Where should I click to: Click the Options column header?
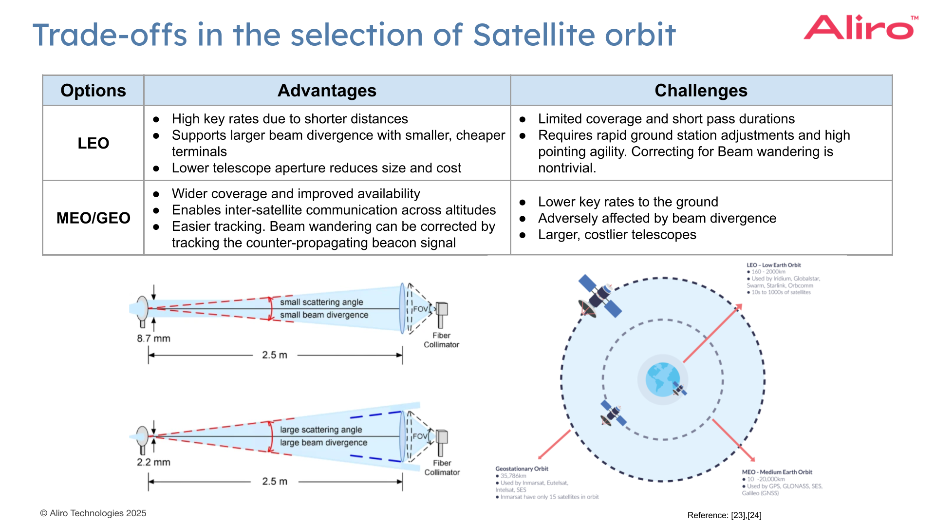point(93,91)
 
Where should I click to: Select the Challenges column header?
point(700,91)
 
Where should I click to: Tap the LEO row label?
point(93,143)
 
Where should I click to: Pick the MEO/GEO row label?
point(93,218)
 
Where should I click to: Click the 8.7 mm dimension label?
point(153,338)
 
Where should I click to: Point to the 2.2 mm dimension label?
point(153,462)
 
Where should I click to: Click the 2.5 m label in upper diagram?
point(275,355)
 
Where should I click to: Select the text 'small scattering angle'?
point(321,302)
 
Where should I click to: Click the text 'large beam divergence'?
point(323,442)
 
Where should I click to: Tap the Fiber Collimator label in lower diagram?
point(442,468)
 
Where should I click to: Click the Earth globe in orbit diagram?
point(662,379)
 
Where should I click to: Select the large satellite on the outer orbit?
point(599,296)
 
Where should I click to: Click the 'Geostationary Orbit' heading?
point(522,469)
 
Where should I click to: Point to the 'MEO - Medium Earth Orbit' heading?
point(777,472)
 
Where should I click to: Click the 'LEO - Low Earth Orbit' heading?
point(773,265)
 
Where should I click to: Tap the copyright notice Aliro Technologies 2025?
point(93,513)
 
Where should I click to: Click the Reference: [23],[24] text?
point(724,515)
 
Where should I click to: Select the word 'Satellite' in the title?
point(534,35)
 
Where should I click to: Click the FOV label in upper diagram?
point(420,309)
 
